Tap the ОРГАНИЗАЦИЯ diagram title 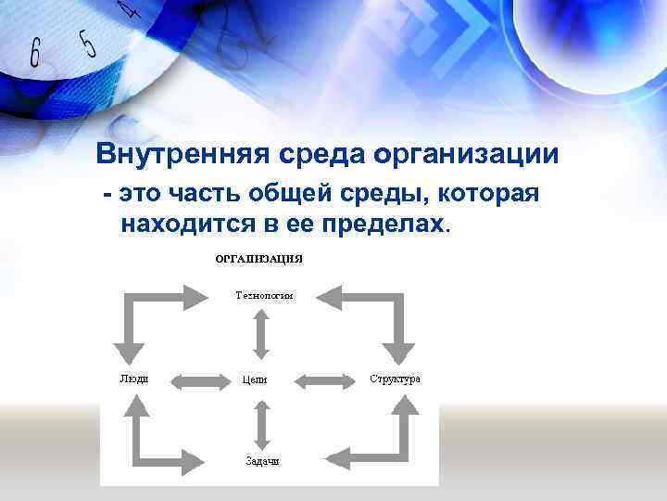[x=259, y=258]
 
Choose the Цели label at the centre [x=255, y=379]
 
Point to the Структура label [x=395, y=379]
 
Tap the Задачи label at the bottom [x=262, y=460]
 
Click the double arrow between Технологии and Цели [x=262, y=332]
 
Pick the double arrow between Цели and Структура [x=321, y=379]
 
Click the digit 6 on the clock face [x=35, y=54]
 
